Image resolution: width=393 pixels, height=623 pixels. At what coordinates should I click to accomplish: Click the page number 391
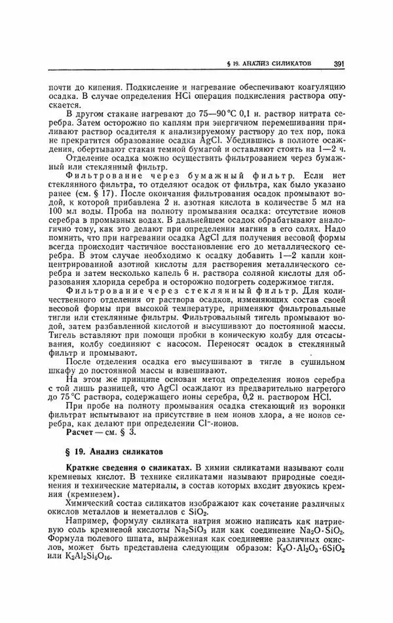coord(339,64)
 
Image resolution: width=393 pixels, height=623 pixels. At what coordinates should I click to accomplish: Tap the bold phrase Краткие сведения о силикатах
coord(124,470)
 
